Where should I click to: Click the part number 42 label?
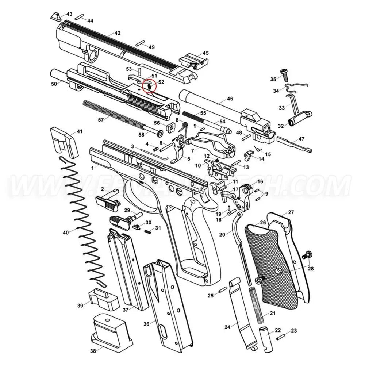pyautogui.click(x=117, y=33)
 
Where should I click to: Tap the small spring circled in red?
pyautogui.click(x=149, y=86)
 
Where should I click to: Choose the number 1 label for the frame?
pyautogui.click(x=93, y=168)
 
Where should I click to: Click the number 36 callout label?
pyautogui.click(x=146, y=324)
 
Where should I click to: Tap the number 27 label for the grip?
pyautogui.click(x=291, y=212)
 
